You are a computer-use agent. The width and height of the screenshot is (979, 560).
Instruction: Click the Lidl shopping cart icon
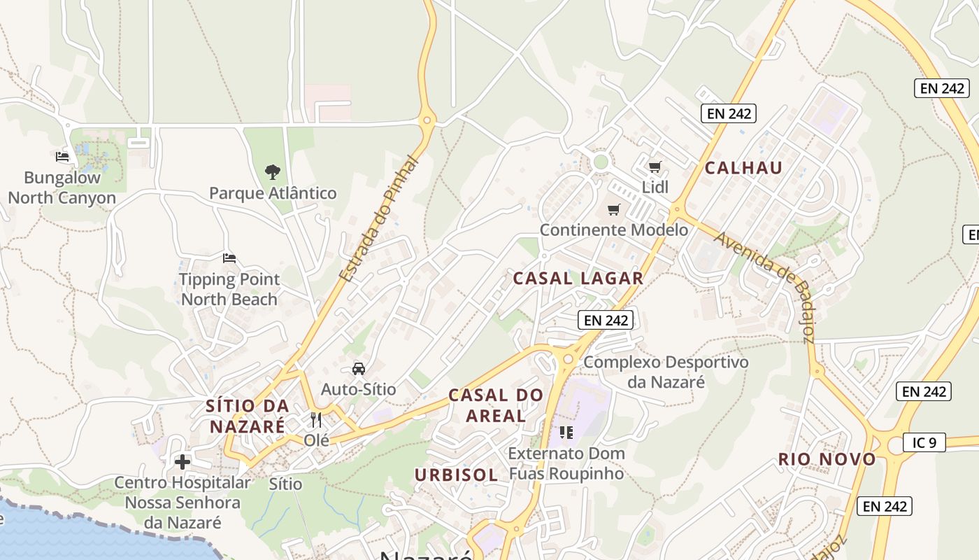(x=655, y=167)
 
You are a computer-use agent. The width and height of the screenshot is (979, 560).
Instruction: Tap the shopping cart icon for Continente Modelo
(x=614, y=209)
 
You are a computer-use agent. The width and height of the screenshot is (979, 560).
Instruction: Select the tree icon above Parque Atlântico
(x=273, y=171)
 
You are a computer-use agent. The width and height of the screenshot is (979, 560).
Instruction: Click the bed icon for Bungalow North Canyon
(x=62, y=156)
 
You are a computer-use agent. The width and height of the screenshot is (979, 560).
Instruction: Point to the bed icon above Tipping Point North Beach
(x=229, y=258)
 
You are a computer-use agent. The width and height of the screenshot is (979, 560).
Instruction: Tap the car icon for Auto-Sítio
(x=358, y=368)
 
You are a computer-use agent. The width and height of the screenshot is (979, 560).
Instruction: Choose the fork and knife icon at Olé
(x=316, y=420)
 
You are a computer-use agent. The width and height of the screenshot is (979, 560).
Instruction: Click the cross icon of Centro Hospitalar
(x=183, y=462)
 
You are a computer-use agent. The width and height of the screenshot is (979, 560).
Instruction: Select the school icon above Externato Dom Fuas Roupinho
(x=566, y=432)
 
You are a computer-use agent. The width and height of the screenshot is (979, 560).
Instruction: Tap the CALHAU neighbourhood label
(x=743, y=168)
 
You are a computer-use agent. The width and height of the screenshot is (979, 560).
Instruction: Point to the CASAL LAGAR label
(x=578, y=279)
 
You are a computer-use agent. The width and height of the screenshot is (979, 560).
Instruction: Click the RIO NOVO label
(x=827, y=460)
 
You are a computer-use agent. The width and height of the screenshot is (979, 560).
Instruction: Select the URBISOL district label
(x=456, y=475)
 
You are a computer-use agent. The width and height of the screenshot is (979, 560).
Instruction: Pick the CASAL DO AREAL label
(x=496, y=405)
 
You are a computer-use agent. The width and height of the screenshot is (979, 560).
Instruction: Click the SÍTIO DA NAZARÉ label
(x=247, y=416)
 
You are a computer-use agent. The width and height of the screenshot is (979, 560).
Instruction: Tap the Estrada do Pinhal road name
(x=378, y=219)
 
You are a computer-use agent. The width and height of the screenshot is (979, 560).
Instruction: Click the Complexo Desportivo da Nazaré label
(x=666, y=372)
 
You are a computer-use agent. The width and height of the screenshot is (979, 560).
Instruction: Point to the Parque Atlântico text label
(x=273, y=193)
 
